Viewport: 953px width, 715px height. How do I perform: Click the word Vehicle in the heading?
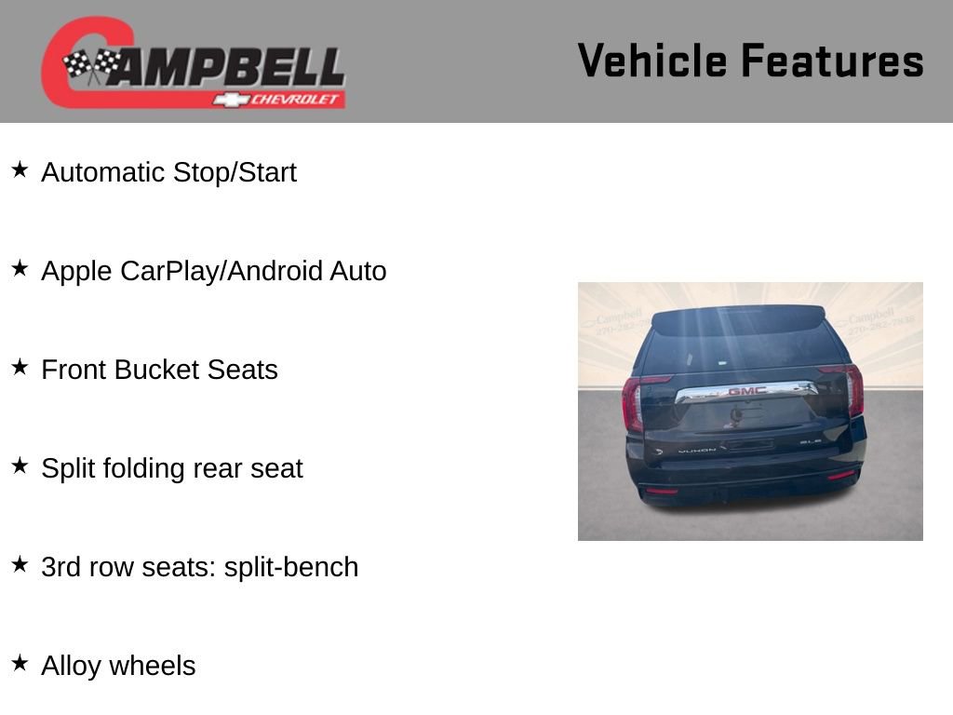(x=651, y=61)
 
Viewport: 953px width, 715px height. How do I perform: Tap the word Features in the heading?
(x=832, y=61)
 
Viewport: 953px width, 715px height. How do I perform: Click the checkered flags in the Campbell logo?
(x=92, y=65)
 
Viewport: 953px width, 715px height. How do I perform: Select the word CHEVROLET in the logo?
(x=295, y=100)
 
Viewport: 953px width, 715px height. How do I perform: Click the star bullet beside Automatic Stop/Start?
(x=20, y=170)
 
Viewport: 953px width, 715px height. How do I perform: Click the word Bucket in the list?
(x=156, y=370)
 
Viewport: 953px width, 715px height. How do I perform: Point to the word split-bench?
(x=290, y=567)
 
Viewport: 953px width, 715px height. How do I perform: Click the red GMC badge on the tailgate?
(x=746, y=391)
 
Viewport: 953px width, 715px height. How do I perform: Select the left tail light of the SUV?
(x=633, y=402)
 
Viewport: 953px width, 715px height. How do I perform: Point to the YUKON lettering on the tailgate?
(x=698, y=450)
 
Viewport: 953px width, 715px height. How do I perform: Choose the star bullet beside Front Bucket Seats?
(x=20, y=368)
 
